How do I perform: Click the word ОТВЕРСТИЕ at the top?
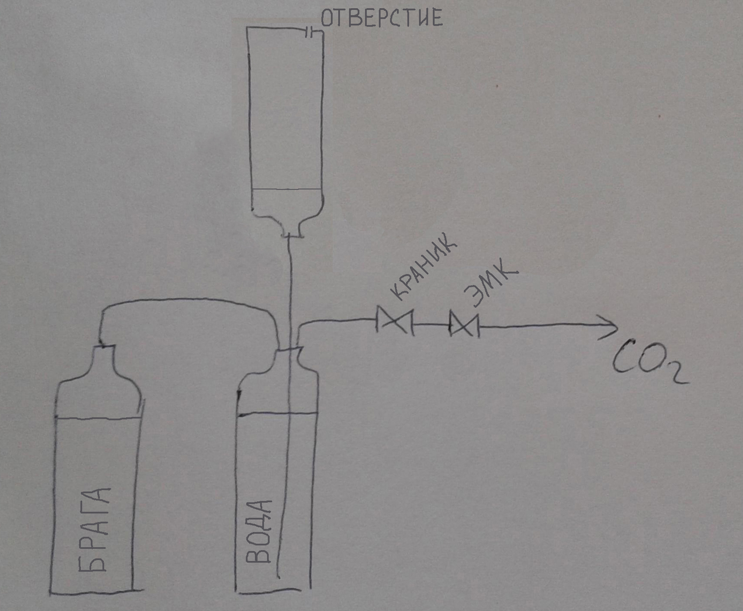click(381, 19)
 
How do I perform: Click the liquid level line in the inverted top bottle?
click(286, 189)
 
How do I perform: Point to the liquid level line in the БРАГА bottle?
click(98, 418)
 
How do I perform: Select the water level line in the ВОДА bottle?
click(276, 413)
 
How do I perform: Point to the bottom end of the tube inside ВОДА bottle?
click(278, 576)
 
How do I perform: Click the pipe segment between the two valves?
click(431, 324)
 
